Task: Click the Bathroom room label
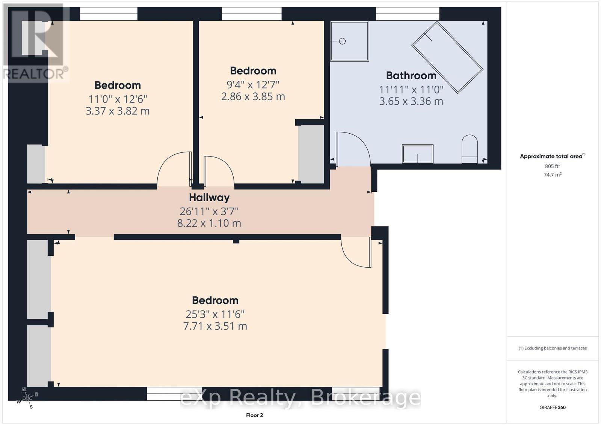(411, 75)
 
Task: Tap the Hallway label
(209, 197)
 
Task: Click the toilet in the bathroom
(469, 149)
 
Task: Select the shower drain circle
(342, 41)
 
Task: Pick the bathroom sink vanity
(417, 154)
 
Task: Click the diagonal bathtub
(447, 57)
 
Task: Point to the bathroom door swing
(351, 148)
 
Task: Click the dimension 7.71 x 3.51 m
(215, 326)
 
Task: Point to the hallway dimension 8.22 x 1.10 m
(209, 223)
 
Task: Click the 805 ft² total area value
(552, 166)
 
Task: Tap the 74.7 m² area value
(552, 175)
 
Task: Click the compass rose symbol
(27, 398)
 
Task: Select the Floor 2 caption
(254, 415)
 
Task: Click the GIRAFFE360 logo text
(552, 407)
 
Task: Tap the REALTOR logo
(36, 41)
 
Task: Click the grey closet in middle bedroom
(311, 154)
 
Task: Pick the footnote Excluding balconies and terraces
(552, 348)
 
